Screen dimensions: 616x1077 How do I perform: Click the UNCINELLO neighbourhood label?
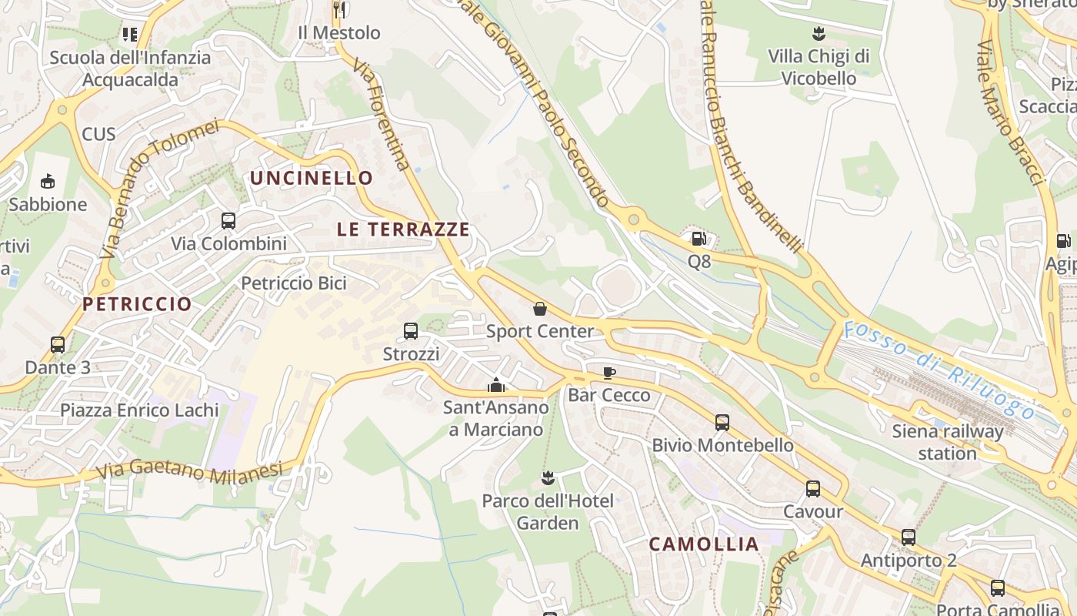tap(311, 179)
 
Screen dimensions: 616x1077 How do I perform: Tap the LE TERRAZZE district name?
tap(403, 229)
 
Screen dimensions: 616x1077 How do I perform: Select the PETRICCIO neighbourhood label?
tap(137, 304)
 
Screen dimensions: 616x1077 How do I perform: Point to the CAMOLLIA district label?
tap(704, 544)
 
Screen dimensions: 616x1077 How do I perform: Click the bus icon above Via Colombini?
tap(228, 221)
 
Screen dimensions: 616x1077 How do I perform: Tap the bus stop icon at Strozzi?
tap(411, 331)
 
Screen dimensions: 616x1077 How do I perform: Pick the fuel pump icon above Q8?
tap(699, 239)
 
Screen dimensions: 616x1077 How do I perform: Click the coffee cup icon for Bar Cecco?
tap(609, 373)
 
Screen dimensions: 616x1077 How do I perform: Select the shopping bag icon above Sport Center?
tap(540, 309)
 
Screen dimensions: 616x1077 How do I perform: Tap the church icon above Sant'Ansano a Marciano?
tap(496, 384)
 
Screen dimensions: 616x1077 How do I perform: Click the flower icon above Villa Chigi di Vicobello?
tap(819, 34)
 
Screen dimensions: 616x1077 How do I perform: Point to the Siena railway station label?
tap(947, 442)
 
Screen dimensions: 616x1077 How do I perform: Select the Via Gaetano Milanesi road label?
tap(191, 469)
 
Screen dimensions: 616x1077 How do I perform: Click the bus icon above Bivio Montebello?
tap(722, 422)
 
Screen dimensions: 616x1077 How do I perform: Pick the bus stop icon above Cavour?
tap(813, 489)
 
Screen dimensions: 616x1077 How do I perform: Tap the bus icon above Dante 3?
tap(58, 345)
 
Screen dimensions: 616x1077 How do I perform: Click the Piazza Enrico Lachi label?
tap(139, 410)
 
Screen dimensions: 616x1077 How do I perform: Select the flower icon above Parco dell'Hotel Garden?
tap(548, 478)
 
